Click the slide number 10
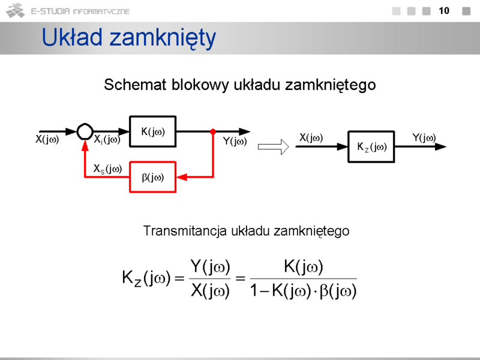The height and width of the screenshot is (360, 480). (x=444, y=11)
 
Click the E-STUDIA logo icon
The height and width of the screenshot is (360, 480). (x=15, y=11)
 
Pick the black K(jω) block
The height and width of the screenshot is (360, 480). (x=152, y=131)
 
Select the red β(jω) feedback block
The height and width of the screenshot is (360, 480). (x=152, y=177)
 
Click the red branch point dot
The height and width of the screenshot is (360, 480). (x=213, y=131)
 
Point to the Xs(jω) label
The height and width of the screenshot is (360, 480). (x=107, y=170)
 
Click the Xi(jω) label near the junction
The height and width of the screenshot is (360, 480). (x=107, y=140)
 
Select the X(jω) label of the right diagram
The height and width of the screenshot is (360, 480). (x=311, y=139)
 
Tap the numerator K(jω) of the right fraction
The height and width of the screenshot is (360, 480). (x=303, y=265)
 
